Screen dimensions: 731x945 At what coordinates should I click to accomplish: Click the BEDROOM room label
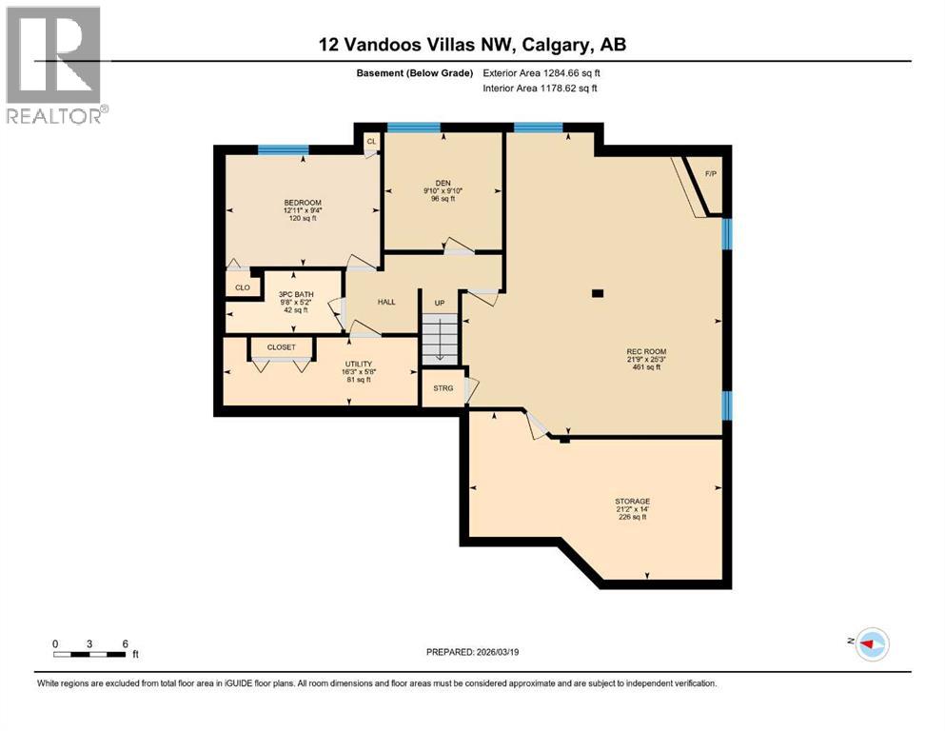click(x=302, y=203)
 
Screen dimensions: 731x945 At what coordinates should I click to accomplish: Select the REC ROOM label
click(x=644, y=351)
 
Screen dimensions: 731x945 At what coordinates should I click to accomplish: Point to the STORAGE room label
click(x=632, y=501)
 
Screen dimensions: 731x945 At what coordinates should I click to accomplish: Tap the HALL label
click(x=386, y=302)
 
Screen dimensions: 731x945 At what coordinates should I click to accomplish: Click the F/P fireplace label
click(x=710, y=174)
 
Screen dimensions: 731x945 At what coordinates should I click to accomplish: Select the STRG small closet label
click(x=443, y=387)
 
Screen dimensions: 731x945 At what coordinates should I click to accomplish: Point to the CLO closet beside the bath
click(x=243, y=286)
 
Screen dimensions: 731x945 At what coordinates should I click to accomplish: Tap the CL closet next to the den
click(x=371, y=142)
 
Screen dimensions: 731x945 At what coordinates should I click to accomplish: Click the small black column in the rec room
click(x=597, y=293)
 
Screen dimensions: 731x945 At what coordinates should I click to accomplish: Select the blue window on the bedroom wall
click(x=284, y=148)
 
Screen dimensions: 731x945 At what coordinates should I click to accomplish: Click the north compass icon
click(x=870, y=644)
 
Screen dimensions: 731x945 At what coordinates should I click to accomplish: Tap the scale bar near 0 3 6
click(x=89, y=654)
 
